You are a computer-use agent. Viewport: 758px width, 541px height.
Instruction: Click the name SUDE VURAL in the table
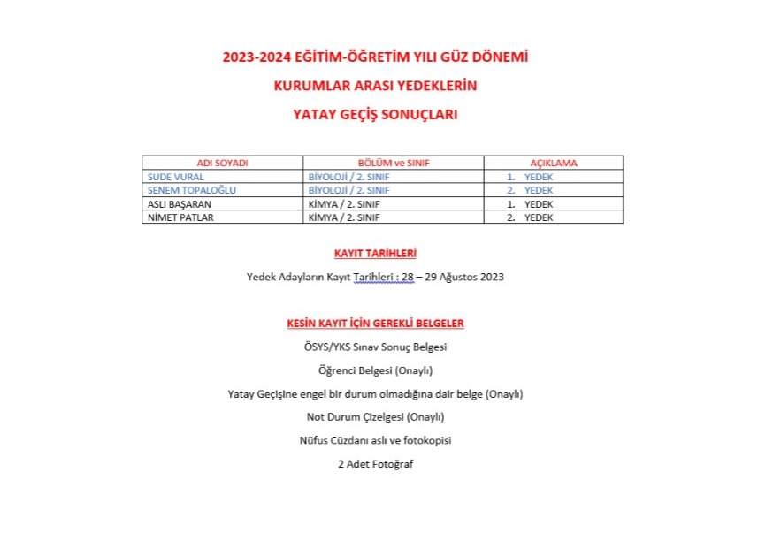click(175, 177)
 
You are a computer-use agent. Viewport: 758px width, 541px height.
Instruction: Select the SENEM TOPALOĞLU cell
click(186, 190)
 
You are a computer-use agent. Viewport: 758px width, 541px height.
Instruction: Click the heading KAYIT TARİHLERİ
click(375, 254)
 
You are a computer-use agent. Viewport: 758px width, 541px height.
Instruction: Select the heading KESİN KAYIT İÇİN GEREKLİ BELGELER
click(375, 324)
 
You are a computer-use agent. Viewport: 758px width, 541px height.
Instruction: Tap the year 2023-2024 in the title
click(253, 57)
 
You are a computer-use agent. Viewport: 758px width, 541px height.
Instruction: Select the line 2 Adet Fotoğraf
click(375, 463)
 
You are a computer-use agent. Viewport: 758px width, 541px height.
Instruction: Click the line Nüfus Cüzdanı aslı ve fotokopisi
click(375, 439)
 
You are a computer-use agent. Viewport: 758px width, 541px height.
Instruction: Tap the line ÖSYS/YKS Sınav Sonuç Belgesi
click(375, 347)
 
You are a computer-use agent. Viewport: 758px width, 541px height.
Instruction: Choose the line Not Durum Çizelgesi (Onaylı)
click(375, 416)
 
